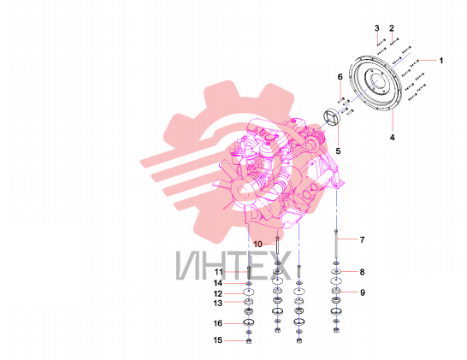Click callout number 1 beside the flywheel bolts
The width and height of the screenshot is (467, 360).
coord(441,61)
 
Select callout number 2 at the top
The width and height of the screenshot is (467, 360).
coord(392,28)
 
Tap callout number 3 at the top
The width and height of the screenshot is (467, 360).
coord(377,28)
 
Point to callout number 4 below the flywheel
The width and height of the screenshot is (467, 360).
coord(393,138)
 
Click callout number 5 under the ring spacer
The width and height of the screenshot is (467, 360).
coord(338,151)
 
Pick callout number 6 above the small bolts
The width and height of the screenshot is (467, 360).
coord(340,77)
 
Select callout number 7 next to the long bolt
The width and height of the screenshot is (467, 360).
coord(362,239)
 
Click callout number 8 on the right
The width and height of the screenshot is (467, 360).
coord(362,272)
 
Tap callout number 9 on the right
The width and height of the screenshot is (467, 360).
coord(363,292)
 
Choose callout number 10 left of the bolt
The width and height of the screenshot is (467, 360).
coord(257,245)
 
